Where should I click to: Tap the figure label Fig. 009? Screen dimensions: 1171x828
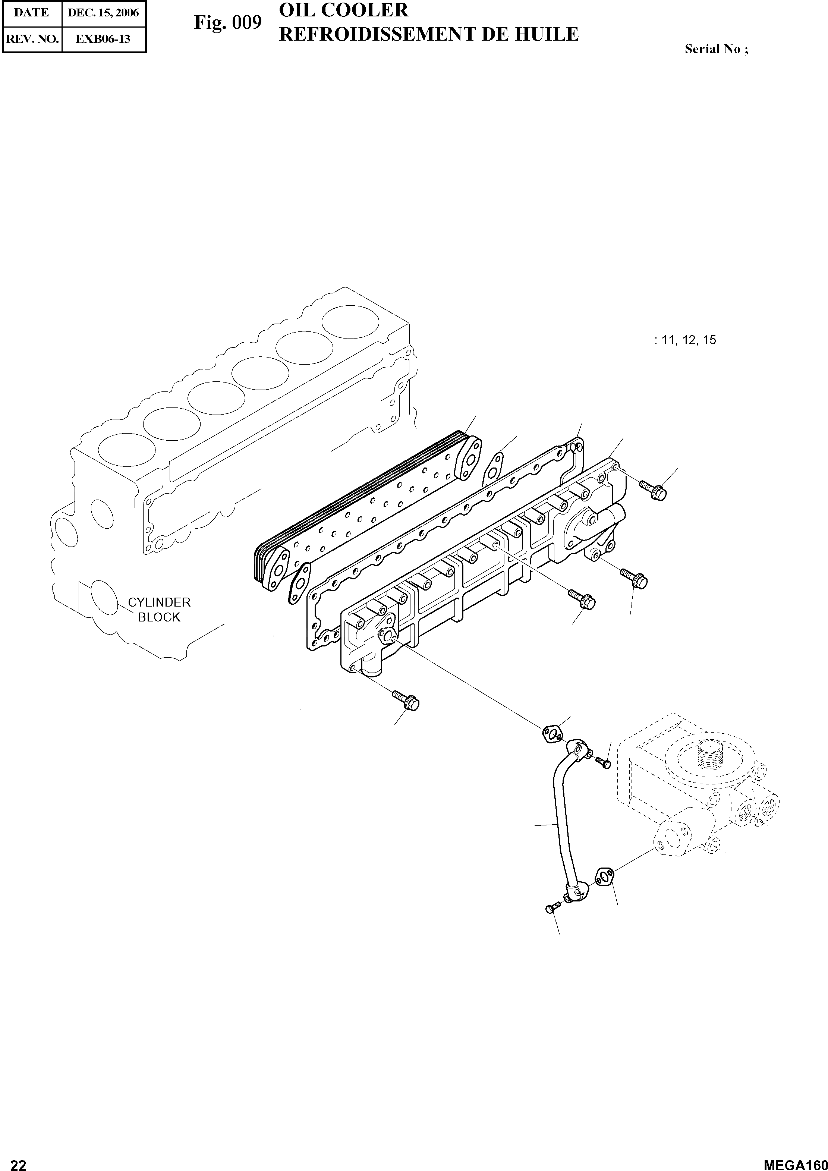click(228, 23)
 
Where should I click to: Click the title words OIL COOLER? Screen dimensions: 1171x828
click(344, 10)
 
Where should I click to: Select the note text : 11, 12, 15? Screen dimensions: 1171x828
click(685, 340)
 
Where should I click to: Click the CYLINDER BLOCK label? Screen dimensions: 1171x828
click(159, 610)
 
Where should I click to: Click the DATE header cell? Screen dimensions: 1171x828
click(32, 13)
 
